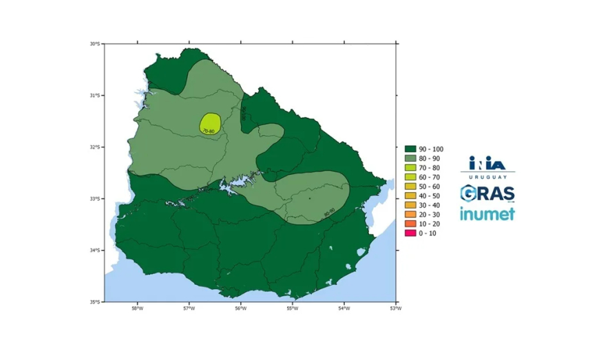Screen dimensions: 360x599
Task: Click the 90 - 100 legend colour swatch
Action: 409,148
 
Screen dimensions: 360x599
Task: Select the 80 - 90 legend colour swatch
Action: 409,158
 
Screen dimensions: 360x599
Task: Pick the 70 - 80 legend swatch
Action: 409,167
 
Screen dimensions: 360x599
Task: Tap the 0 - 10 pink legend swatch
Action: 409,233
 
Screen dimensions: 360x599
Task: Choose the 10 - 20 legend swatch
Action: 409,224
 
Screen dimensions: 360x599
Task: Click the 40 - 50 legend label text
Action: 428,195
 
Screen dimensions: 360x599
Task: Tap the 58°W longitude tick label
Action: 137,308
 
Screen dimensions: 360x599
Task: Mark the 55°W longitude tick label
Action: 292,308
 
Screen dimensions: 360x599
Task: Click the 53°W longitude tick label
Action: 395,308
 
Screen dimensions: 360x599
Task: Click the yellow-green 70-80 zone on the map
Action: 210,122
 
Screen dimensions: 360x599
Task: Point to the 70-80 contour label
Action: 209,131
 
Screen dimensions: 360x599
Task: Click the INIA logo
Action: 487,162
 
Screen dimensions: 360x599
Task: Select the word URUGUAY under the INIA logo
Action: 487,176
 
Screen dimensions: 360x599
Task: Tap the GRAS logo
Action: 487,193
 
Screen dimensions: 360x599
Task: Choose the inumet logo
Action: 487,213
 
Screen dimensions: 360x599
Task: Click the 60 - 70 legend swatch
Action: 409,177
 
